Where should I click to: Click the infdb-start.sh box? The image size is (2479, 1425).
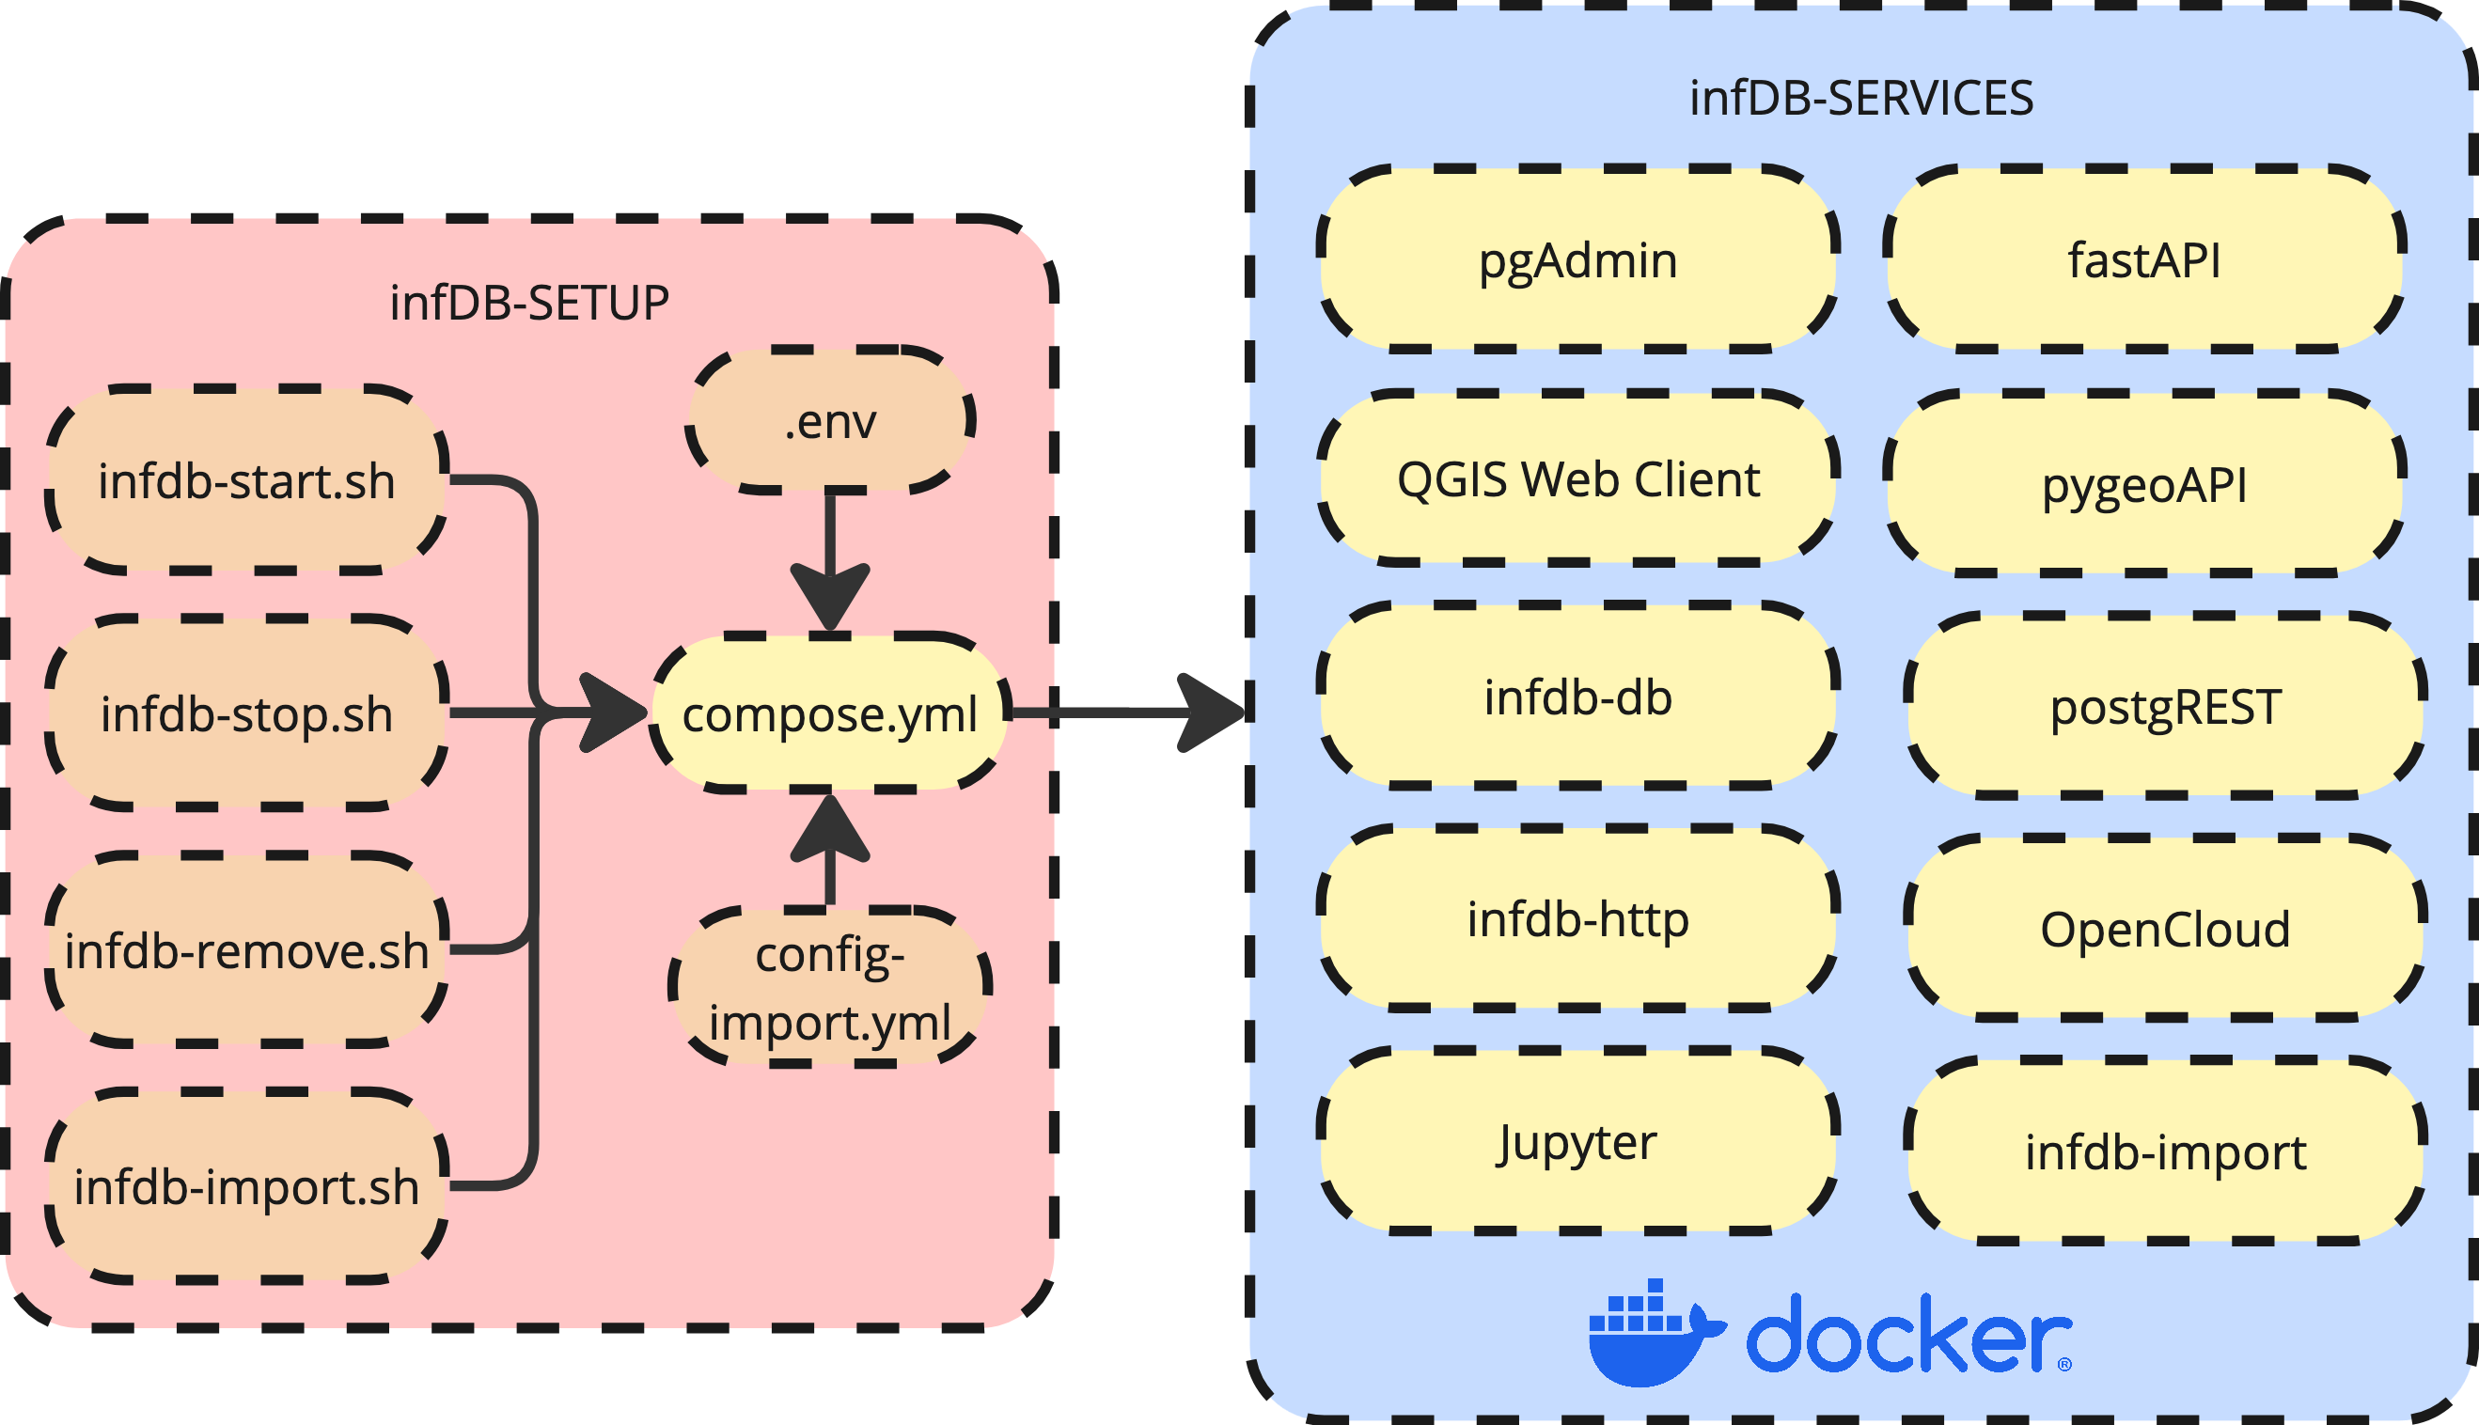tap(246, 480)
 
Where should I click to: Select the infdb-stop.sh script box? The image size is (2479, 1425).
tap(246, 713)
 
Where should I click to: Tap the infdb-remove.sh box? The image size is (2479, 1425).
tap(246, 950)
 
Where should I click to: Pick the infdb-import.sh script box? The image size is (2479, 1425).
tap(246, 1186)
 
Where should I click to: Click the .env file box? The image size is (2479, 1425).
tap(830, 421)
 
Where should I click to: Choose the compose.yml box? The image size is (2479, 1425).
tap(830, 713)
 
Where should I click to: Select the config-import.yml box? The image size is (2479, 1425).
tap(830, 988)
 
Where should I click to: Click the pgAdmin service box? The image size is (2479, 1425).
tap(1577, 259)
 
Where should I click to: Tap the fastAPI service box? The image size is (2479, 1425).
tap(2143, 259)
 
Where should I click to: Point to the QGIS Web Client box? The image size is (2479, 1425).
tap(1577, 478)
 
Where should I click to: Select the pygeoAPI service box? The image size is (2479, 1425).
tap(2143, 484)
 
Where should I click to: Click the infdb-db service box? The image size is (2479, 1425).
tap(1577, 697)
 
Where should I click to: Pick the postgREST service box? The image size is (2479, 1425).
tap(2165, 707)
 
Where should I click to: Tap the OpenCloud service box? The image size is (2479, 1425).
tap(2165, 929)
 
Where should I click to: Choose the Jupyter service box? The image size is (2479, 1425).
tap(1577, 1141)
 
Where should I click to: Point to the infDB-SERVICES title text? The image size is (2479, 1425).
tap(1860, 98)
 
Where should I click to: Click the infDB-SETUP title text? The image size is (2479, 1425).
tap(528, 303)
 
